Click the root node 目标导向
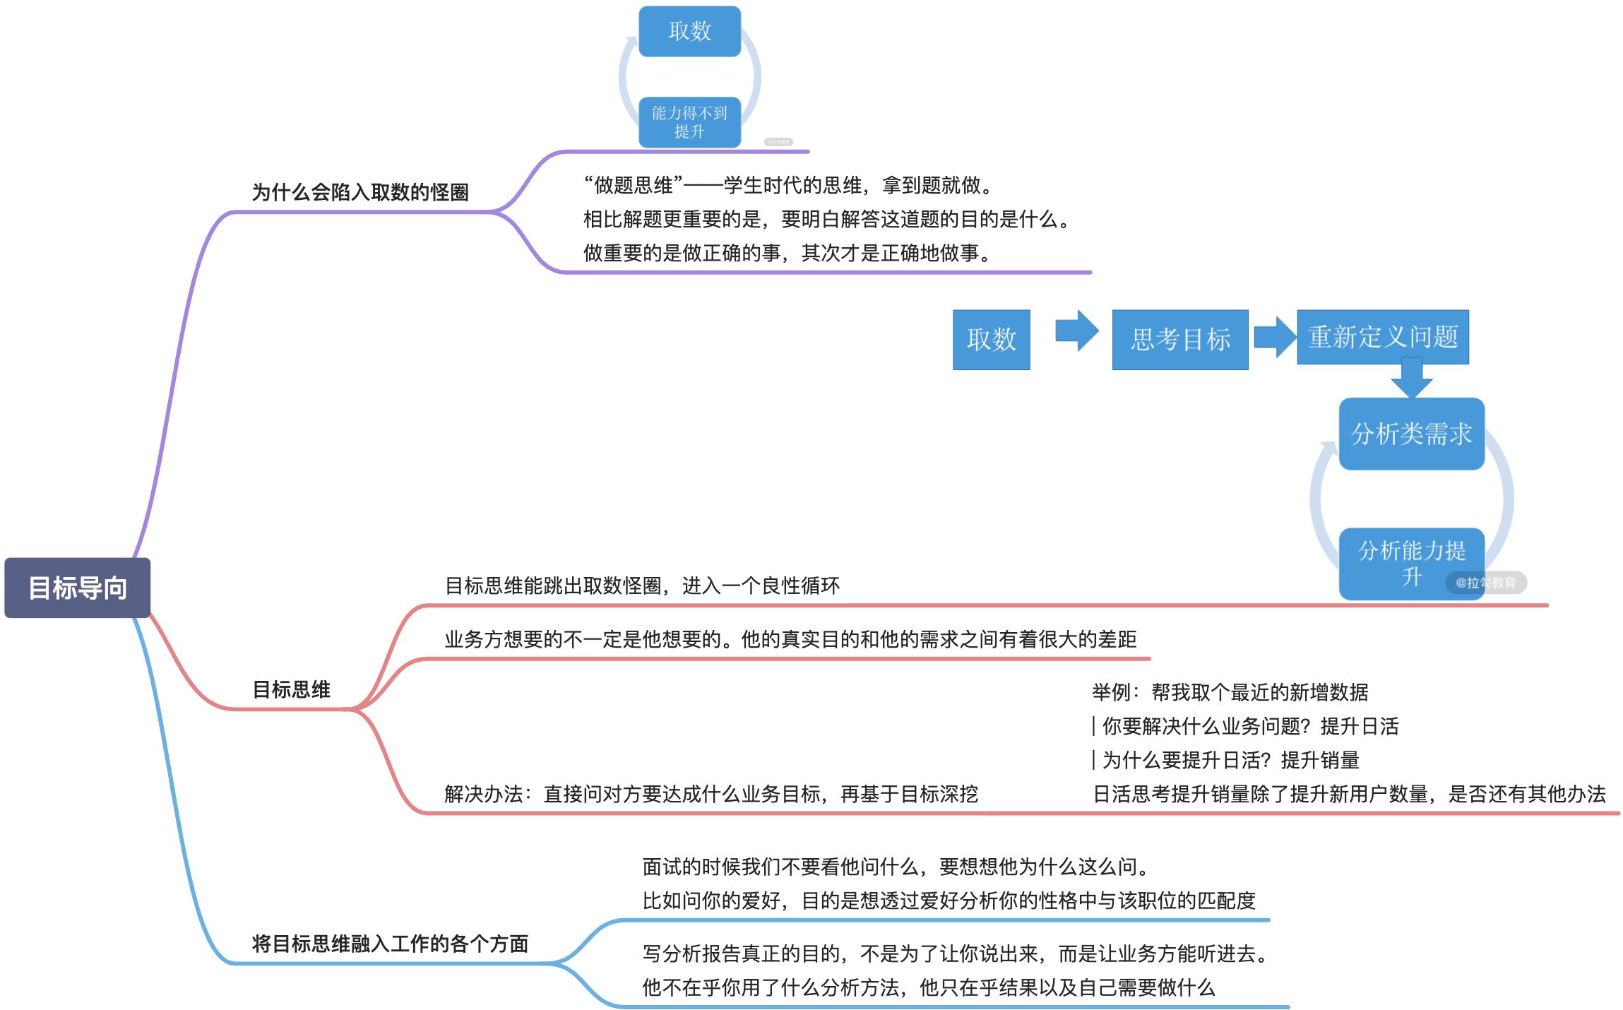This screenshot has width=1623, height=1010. (78, 588)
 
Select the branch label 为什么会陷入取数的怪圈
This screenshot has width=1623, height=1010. (360, 192)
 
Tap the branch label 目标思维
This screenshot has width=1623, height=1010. (291, 689)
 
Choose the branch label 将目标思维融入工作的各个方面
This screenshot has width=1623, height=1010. (390, 944)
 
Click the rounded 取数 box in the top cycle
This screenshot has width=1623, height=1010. (689, 31)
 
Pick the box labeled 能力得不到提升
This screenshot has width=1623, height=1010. (689, 122)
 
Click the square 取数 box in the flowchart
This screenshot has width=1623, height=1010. (991, 340)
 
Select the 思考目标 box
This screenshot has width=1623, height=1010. (1179, 340)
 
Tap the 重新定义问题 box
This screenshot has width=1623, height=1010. (1382, 337)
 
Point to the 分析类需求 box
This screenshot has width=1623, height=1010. (1411, 434)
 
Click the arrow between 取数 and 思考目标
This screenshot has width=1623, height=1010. (1076, 331)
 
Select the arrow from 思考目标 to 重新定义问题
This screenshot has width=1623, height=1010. (1275, 337)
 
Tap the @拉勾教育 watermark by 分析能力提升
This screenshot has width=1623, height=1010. (1486, 583)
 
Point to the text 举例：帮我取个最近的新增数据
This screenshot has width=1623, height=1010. (1230, 692)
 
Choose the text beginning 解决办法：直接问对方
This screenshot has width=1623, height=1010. (711, 794)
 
